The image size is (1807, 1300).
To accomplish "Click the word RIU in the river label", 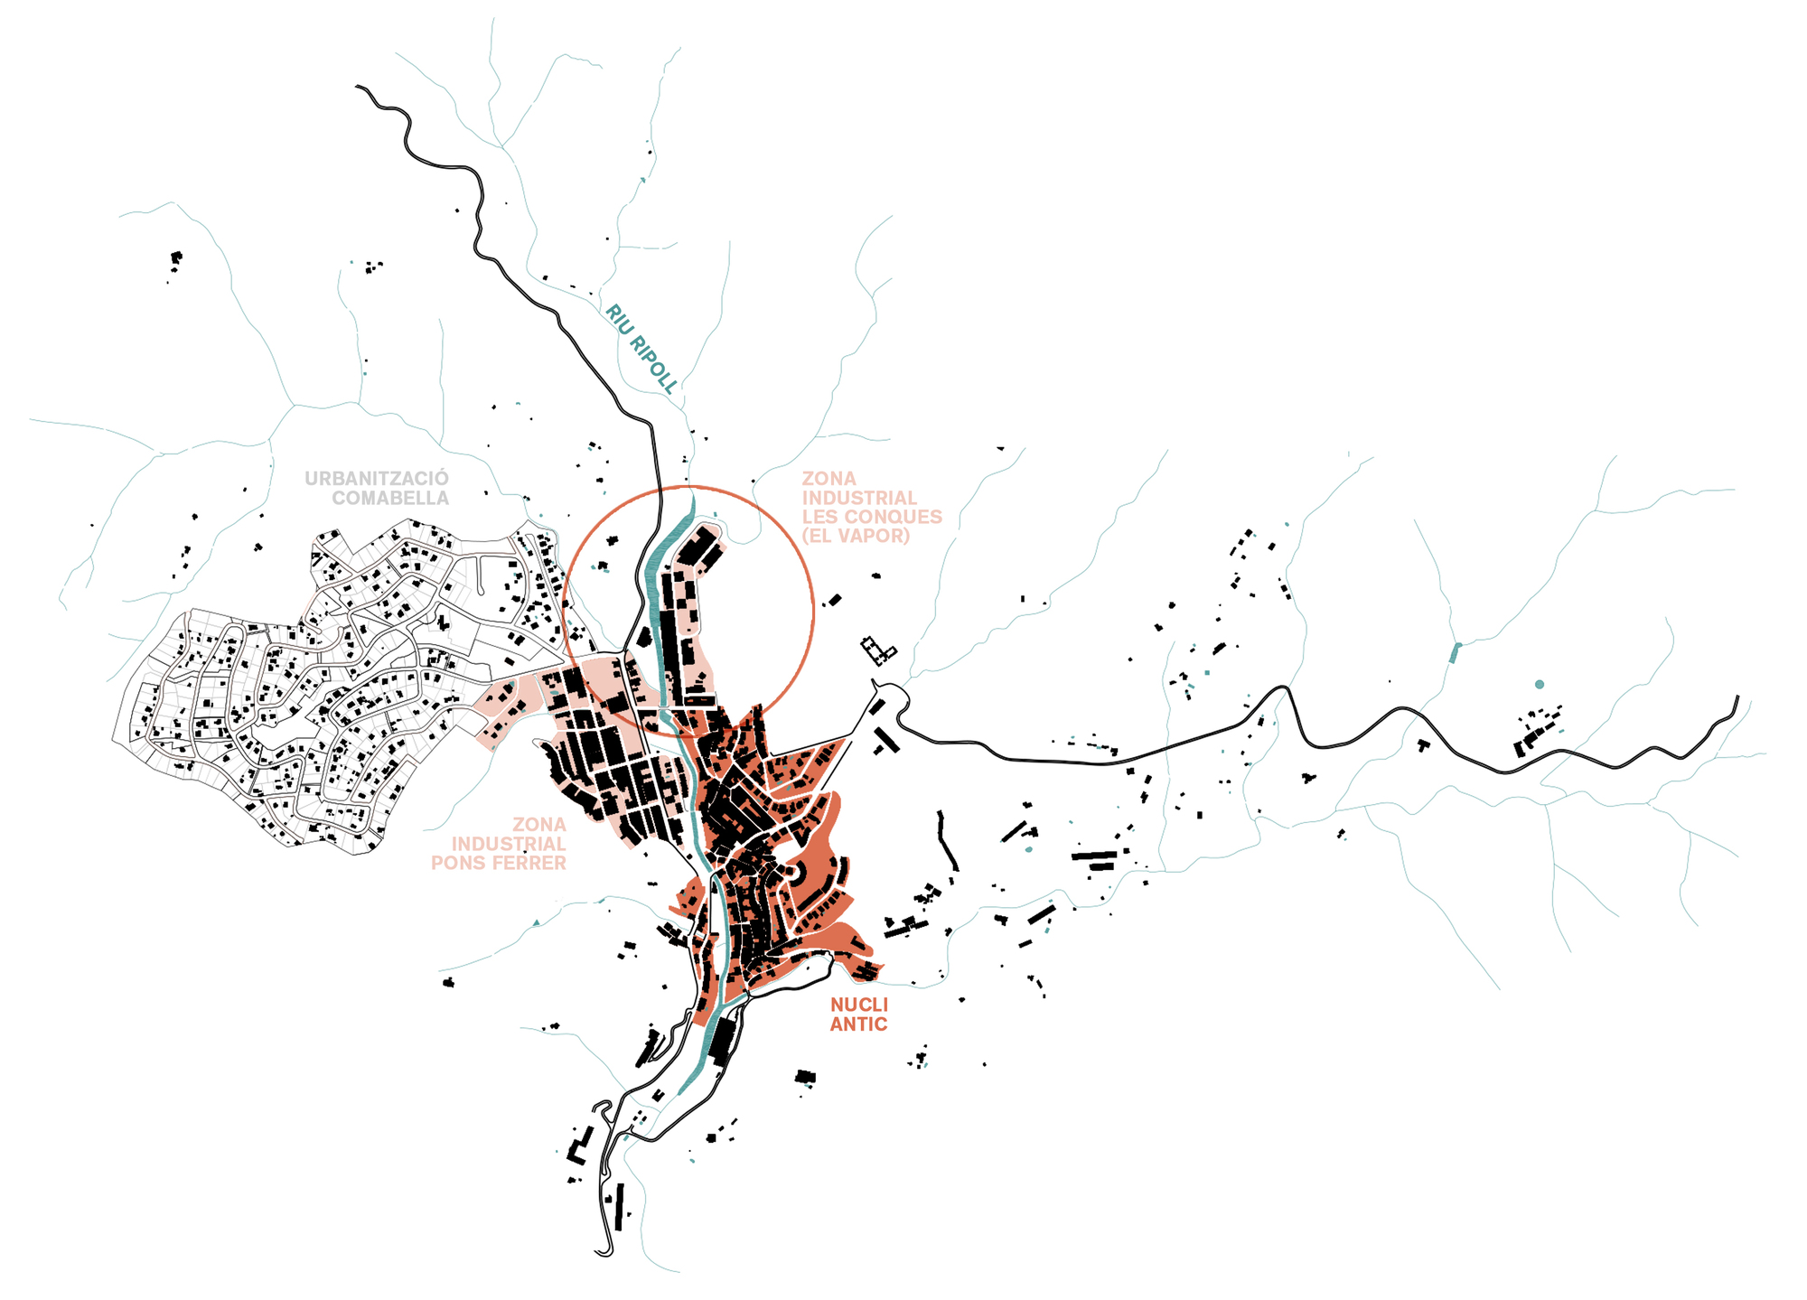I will click(x=619, y=319).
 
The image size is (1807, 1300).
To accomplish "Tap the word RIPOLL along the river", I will click(x=653, y=363).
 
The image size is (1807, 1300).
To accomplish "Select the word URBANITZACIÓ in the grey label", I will click(x=376, y=478).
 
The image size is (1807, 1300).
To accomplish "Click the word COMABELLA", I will click(x=389, y=498).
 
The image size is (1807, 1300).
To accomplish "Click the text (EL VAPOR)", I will click(x=855, y=536).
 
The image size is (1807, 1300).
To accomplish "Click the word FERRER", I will click(x=533, y=863).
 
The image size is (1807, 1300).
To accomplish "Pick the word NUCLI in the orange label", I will click(x=859, y=1005).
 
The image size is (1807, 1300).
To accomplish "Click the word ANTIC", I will click(x=858, y=1024).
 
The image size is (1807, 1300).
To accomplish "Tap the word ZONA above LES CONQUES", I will click(x=829, y=478).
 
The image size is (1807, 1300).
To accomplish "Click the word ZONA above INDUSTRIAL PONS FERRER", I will click(x=539, y=824).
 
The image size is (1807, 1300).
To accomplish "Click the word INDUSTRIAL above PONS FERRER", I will click(x=509, y=844).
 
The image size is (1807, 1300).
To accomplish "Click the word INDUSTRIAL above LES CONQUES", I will click(x=859, y=498).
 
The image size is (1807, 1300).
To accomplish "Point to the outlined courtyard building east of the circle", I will click(x=876, y=650).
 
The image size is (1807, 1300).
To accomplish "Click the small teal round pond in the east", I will click(x=1540, y=685).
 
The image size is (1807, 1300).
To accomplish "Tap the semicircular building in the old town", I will click(x=799, y=873).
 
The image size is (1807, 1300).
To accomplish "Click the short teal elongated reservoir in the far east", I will click(x=1455, y=652).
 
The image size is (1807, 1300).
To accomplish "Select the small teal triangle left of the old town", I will click(x=536, y=922).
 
